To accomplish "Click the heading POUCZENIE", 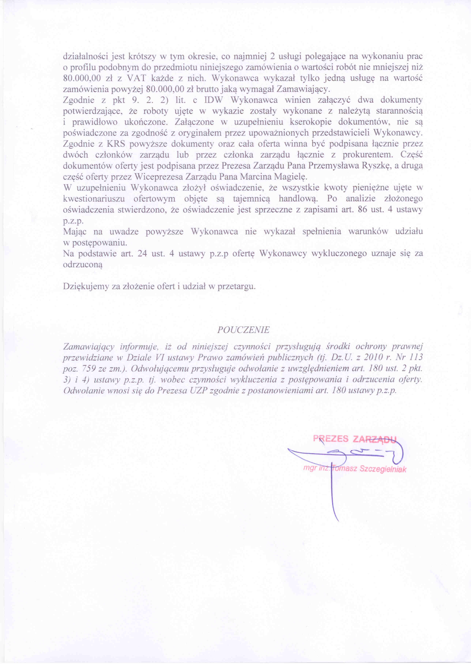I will [243, 330].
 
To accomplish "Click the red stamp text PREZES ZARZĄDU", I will [354, 439].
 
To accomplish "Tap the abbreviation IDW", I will [213, 100].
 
